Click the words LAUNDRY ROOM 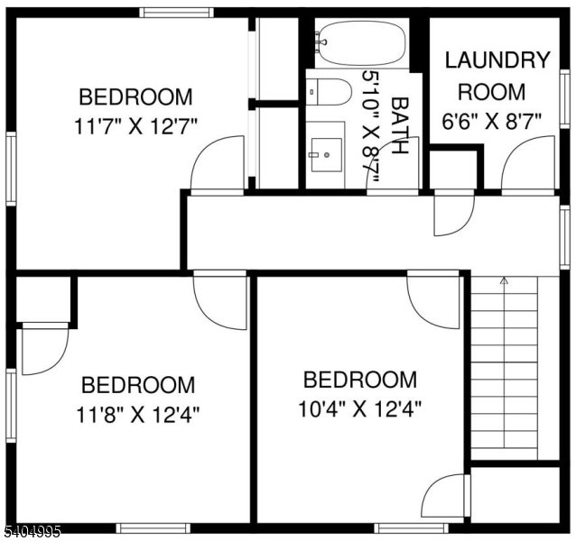(497, 76)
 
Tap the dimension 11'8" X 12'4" (138, 415)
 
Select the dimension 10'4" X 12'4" (359, 408)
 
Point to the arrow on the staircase (504, 282)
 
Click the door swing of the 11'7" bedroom (217, 164)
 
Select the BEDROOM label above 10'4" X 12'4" (359, 380)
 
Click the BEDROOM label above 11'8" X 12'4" (138, 386)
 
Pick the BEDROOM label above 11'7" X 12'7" (135, 96)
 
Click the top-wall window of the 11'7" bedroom (175, 12)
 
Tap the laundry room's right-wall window (564, 98)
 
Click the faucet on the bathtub (320, 40)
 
